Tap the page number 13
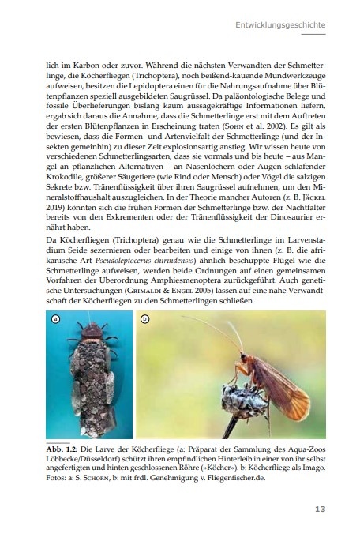(x=319, y=508)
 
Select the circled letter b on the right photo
(x=144, y=319)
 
